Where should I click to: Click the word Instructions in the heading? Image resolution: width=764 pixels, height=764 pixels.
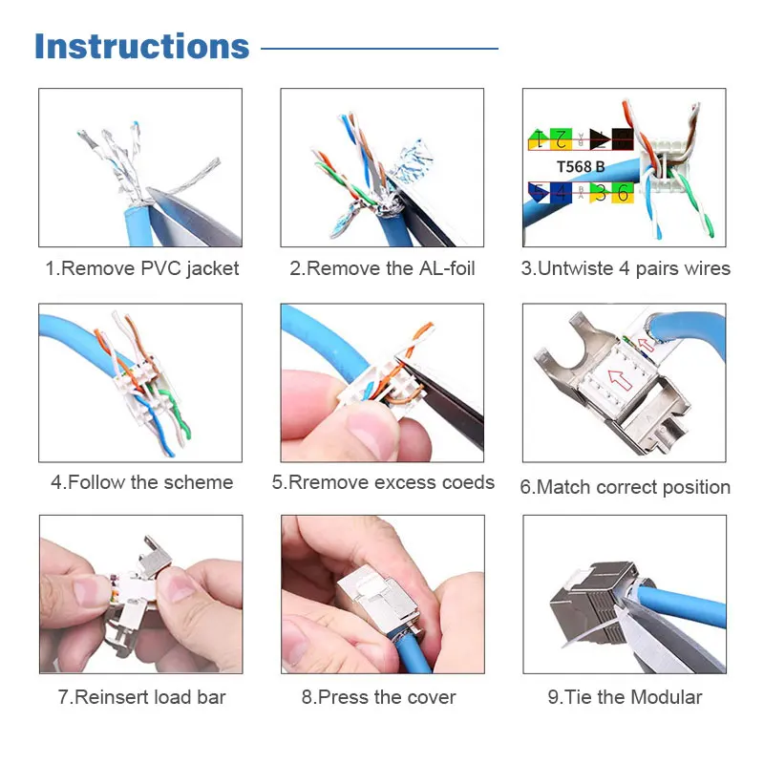pyautogui.click(x=141, y=47)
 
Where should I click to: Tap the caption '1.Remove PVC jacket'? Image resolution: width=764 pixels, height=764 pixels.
pyautogui.click(x=142, y=268)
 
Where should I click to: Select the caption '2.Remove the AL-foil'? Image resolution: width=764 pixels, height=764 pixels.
pyautogui.click(x=382, y=268)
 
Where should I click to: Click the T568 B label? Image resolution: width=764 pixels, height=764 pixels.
pyautogui.click(x=581, y=166)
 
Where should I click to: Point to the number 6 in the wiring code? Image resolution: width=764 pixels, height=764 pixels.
pyautogui.click(x=622, y=193)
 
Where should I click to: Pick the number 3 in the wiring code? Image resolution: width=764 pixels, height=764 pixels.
pyautogui.click(x=600, y=193)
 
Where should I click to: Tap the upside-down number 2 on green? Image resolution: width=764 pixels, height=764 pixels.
pyautogui.click(x=563, y=139)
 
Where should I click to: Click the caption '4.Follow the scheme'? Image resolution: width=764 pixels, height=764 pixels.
pyautogui.click(x=141, y=482)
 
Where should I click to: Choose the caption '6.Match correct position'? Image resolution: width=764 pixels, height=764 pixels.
pyautogui.click(x=625, y=487)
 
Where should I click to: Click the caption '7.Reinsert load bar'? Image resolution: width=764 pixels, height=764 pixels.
pyautogui.click(x=141, y=697)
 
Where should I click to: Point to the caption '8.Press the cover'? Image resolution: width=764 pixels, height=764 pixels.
pyautogui.click(x=379, y=697)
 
